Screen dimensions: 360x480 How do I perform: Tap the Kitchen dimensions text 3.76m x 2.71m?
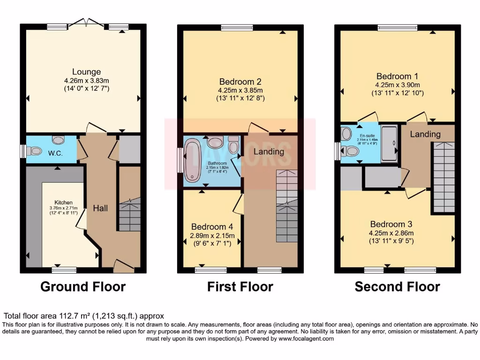pyautogui.click(x=63, y=208)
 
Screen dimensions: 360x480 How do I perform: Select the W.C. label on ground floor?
pyautogui.click(x=55, y=153)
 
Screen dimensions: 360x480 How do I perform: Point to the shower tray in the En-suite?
pyautogui.click(x=389, y=143)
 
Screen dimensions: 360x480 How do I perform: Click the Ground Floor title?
pyautogui.click(x=83, y=286)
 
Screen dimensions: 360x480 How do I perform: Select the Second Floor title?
pyautogui.click(x=397, y=286)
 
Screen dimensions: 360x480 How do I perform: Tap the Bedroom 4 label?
pyautogui.click(x=210, y=226)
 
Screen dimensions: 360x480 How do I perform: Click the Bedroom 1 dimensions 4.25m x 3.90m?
pyautogui.click(x=397, y=85)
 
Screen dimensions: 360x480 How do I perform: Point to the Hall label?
pyautogui.click(x=101, y=208)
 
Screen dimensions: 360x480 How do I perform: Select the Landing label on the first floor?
pyautogui.click(x=269, y=151)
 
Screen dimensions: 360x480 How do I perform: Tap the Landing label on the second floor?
pyautogui.click(x=425, y=134)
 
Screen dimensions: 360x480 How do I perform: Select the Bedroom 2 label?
pyautogui.click(x=240, y=81)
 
